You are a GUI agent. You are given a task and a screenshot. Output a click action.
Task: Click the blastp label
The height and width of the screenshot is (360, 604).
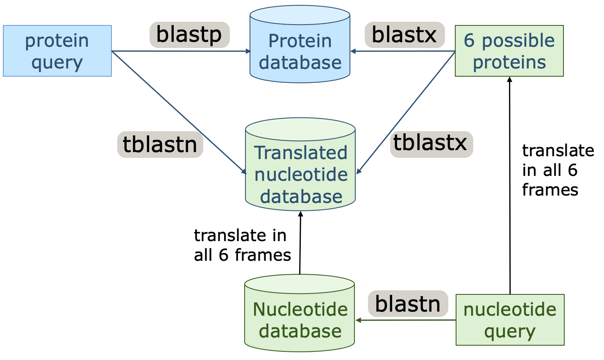[189, 35]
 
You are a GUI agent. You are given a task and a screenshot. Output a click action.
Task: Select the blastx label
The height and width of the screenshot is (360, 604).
[404, 35]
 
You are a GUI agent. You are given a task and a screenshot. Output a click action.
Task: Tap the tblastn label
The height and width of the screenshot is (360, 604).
[160, 144]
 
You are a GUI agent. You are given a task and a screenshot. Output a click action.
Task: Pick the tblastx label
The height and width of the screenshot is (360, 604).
[431, 144]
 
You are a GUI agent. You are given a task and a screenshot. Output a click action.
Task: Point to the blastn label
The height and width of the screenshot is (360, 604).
[408, 304]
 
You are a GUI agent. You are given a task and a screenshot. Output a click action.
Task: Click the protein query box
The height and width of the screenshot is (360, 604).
[57, 51]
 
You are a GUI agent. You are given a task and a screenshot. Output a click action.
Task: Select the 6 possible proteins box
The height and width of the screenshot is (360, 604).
[509, 51]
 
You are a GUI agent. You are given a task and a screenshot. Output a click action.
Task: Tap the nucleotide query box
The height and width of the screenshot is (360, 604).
[510, 320]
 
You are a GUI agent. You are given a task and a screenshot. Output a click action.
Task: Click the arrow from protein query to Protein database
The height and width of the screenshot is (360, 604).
[180, 51]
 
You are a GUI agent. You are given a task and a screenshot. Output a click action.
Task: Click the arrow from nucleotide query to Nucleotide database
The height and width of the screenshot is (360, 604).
[406, 320]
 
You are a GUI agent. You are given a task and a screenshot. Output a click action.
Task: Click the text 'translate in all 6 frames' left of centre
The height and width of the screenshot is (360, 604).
[242, 245]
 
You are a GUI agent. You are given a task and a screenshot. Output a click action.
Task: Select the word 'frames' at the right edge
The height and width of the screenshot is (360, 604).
[550, 190]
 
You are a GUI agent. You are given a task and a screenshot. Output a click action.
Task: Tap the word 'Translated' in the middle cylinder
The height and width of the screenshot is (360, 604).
[300, 153]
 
